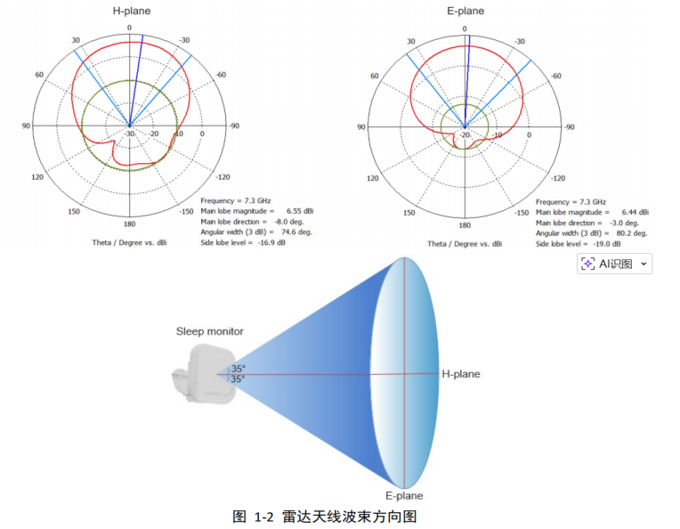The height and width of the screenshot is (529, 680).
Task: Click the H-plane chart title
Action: (x=130, y=12)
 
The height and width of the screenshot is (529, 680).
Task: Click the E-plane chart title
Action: (x=465, y=12)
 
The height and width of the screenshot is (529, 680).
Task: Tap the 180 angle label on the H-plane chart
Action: (x=129, y=224)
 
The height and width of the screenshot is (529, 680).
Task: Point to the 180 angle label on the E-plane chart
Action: (x=465, y=224)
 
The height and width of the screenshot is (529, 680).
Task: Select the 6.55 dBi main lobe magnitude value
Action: (x=299, y=211)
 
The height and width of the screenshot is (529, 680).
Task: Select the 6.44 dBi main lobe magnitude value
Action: (x=634, y=212)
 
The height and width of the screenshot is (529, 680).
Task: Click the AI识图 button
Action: (x=615, y=264)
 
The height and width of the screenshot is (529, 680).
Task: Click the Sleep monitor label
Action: (x=209, y=331)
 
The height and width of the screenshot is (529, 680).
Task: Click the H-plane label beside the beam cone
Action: (x=461, y=374)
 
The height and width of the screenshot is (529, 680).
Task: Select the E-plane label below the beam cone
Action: (x=404, y=496)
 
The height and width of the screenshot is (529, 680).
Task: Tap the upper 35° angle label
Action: (x=239, y=368)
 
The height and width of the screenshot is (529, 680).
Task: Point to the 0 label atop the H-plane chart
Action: (x=129, y=28)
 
